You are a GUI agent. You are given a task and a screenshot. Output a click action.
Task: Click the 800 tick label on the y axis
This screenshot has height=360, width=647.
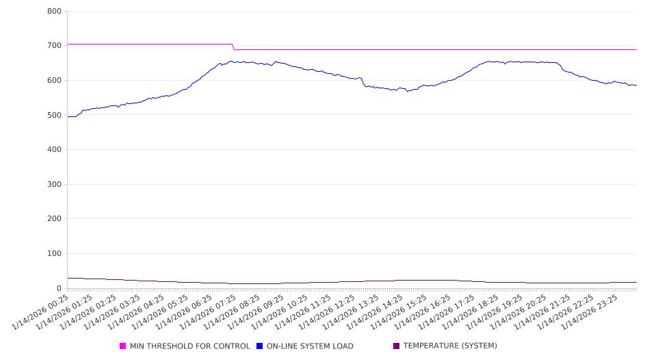pyautogui.click(x=55, y=11)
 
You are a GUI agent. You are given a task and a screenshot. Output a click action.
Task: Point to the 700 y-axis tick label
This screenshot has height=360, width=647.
pyautogui.click(x=55, y=46)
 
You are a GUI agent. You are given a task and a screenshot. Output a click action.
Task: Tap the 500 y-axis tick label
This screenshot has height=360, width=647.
pyautogui.click(x=55, y=115)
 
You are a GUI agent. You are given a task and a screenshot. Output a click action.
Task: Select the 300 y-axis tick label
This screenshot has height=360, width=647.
pyautogui.click(x=55, y=185)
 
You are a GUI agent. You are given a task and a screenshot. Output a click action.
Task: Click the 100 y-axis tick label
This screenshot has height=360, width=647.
pyautogui.click(x=55, y=254)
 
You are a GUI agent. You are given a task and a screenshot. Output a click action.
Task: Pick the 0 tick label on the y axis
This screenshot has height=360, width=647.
pyautogui.click(x=60, y=289)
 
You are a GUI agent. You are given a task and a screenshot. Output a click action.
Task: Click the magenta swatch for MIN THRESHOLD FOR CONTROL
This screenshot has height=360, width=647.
pyautogui.click(x=123, y=346)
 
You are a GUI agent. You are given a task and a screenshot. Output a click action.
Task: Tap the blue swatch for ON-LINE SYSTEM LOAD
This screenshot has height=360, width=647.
pyautogui.click(x=260, y=346)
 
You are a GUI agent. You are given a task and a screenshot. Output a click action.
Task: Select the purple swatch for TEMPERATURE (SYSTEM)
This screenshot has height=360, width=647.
pyautogui.click(x=397, y=346)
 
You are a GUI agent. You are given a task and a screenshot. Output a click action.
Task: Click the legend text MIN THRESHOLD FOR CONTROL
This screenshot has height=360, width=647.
pyautogui.click(x=189, y=346)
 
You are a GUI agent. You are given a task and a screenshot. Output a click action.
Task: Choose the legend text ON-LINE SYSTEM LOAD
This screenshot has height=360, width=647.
pyautogui.click(x=310, y=346)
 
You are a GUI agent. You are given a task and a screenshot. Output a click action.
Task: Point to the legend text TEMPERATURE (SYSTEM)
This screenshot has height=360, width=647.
pyautogui.click(x=450, y=346)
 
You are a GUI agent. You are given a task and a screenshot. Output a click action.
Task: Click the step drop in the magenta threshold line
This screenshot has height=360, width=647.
pyautogui.click(x=233, y=47)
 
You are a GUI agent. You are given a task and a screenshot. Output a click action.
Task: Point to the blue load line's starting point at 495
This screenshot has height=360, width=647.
pyautogui.click(x=68, y=116)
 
